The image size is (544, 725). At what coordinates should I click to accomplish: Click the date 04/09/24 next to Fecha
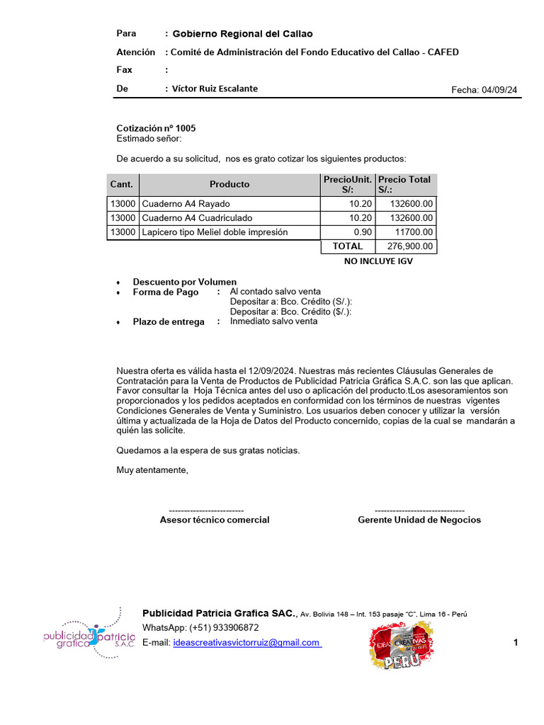coord(499,90)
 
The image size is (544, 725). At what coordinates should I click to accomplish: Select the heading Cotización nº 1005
coord(156,128)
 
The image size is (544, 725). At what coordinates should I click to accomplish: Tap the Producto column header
coord(229,184)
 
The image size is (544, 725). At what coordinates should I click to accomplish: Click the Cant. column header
coord(122,184)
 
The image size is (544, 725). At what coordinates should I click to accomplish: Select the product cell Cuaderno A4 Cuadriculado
coord(197,218)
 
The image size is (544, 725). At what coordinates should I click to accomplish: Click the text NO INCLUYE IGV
coord(378,261)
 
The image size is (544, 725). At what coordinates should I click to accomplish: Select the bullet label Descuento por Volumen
coord(185,282)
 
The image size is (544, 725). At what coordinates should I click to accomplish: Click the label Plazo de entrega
coord(169,321)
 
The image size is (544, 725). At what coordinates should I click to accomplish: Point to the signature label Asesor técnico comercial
coord(215,520)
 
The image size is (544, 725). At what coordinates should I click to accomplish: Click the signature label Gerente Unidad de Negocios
coord(419,520)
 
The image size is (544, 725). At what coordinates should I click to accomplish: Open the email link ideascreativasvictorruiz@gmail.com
coord(246,643)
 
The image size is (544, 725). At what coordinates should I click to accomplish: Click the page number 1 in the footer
coord(516,643)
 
